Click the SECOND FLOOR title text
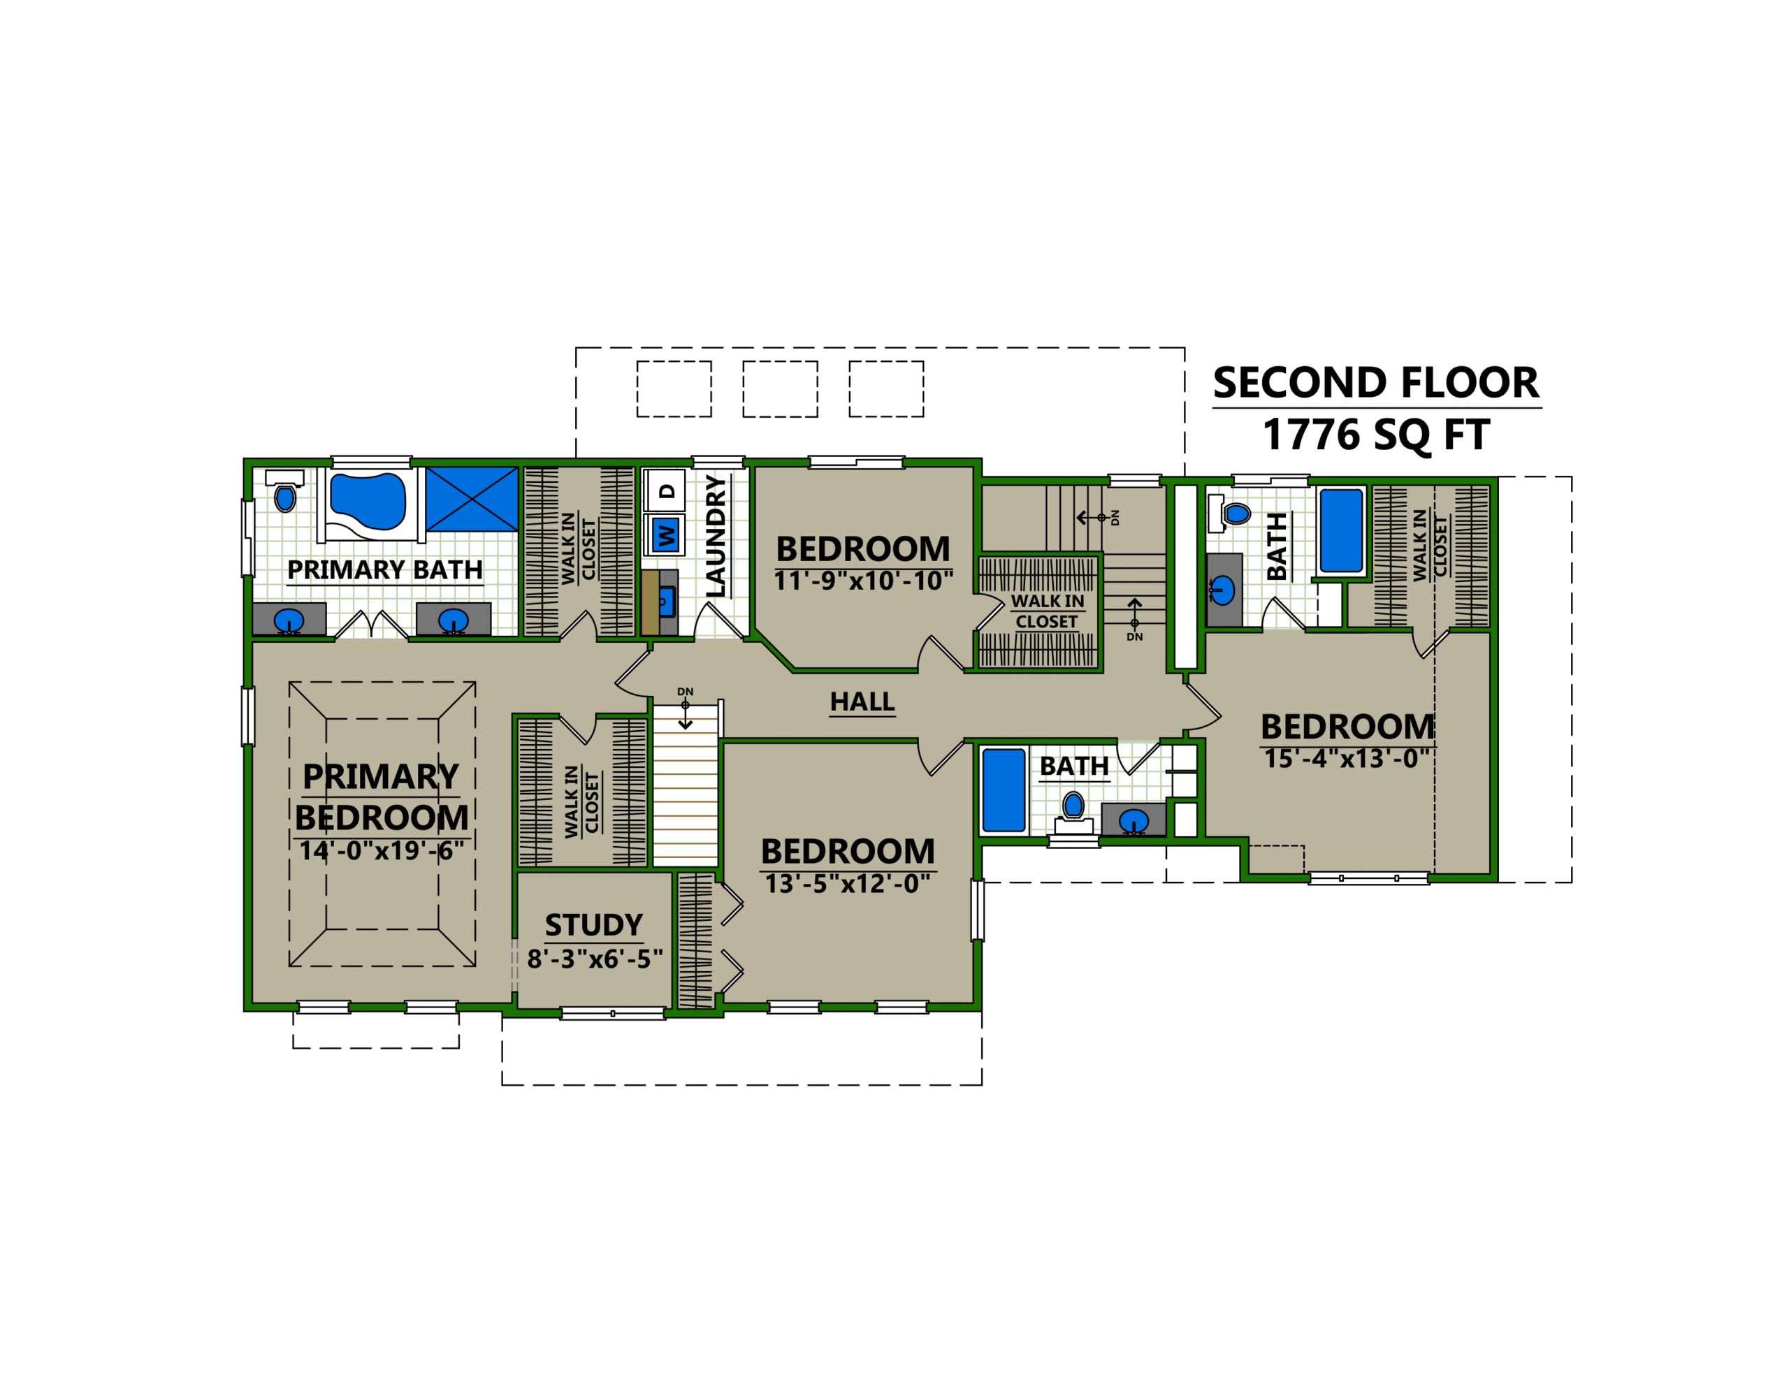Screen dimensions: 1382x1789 pos(1375,383)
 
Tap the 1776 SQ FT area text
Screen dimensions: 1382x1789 pos(1375,434)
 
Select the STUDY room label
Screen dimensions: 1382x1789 pos(593,925)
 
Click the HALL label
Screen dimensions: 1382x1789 pos(862,702)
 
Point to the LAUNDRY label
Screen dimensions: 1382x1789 pos(716,536)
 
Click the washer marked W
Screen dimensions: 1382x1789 pos(666,536)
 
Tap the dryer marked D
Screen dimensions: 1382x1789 pos(667,490)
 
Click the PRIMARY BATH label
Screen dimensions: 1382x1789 pos(384,569)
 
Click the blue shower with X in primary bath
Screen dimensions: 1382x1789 pos(472,499)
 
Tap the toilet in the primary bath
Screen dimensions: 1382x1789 pos(284,497)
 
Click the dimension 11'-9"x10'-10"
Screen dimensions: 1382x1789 pos(863,581)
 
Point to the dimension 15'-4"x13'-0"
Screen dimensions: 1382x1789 pos(1346,759)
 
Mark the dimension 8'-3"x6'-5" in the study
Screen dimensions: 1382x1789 pos(595,959)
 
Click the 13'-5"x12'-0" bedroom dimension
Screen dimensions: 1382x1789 pos(847,884)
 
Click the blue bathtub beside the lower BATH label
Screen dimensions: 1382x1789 pos(1004,790)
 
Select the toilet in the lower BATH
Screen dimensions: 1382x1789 pos(1073,808)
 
